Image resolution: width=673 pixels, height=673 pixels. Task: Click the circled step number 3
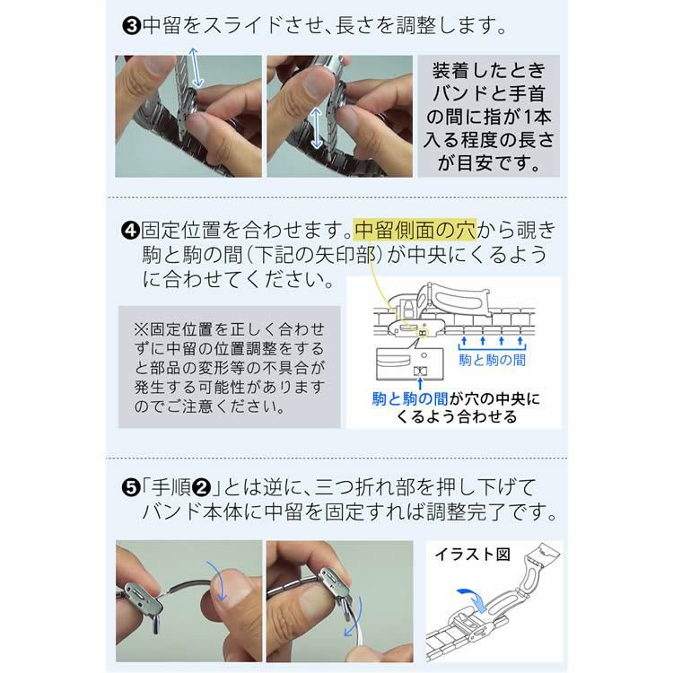coord(132,26)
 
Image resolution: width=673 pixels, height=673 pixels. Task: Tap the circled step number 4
coord(130,230)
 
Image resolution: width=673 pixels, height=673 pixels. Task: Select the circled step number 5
coord(131,487)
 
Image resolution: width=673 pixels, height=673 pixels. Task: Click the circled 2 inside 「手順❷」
coord(203,487)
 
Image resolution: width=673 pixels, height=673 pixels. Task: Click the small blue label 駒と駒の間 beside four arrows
coord(492,358)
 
